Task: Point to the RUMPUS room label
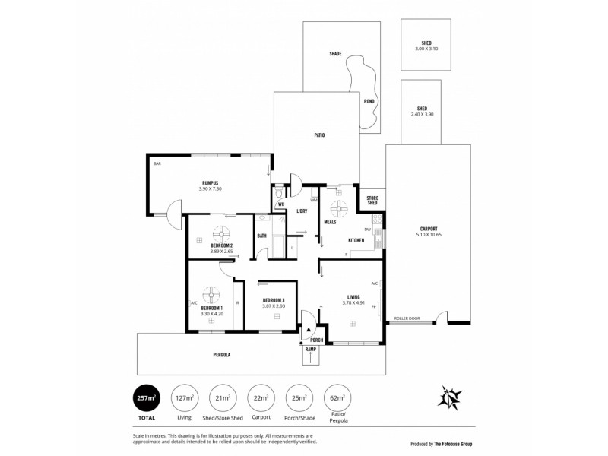(211, 182)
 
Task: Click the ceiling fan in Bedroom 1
(211, 295)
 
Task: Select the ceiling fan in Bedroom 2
(225, 233)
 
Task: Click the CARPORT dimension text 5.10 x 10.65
(429, 235)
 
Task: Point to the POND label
(369, 100)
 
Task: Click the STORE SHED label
(372, 200)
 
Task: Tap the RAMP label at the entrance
(309, 349)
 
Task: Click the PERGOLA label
(221, 355)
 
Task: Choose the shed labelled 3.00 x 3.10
(426, 46)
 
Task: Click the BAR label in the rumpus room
(157, 163)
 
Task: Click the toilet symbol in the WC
(278, 193)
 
